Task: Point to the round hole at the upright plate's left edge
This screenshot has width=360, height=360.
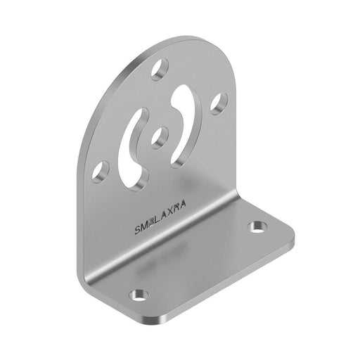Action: coord(102,169)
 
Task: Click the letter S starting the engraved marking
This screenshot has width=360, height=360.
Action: coord(137,229)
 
